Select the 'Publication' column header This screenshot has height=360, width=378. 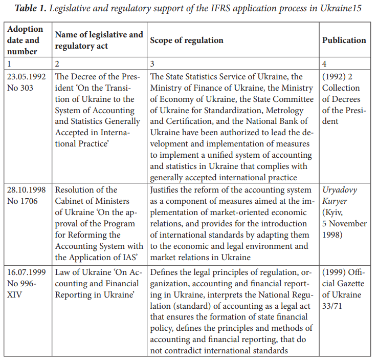tap(344, 40)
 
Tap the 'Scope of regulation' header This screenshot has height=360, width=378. tap(186, 40)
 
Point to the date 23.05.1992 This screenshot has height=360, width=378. tap(27, 76)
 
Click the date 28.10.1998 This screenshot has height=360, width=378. tap(27, 189)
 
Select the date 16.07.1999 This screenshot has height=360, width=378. tap(27, 272)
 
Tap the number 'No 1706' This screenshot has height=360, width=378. tap(23, 201)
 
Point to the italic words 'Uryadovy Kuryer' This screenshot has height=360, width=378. tap(340, 195)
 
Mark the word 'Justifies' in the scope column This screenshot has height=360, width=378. tap(167, 189)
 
